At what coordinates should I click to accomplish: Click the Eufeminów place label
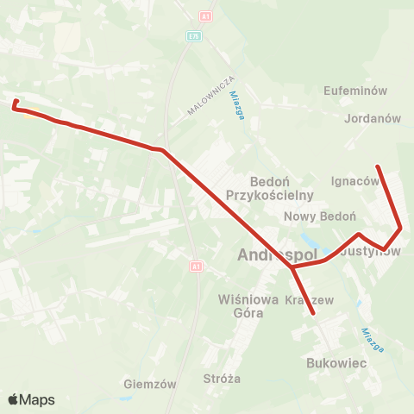[x=354, y=90]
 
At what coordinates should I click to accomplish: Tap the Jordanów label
[x=373, y=119]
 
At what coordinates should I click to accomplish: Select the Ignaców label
[x=354, y=181]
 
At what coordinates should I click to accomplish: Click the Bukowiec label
[x=336, y=365]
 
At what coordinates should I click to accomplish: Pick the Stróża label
[x=222, y=379]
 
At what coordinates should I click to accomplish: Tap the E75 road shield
[x=196, y=36]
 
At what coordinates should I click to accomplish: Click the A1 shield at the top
[x=204, y=16]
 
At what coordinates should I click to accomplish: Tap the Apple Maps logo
[x=31, y=399]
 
